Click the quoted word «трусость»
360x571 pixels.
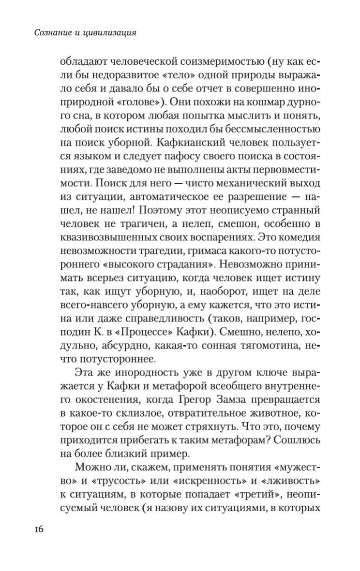tap(112, 480)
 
